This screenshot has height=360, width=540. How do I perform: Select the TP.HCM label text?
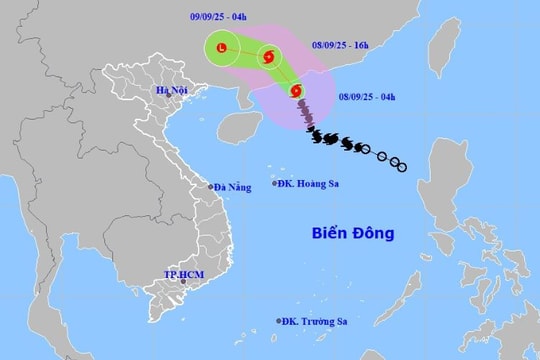click(183, 274)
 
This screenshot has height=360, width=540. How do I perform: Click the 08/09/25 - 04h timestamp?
click(367, 96)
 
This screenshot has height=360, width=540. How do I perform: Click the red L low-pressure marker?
click(222, 47)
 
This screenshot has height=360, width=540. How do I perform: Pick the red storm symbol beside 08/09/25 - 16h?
click(268, 56)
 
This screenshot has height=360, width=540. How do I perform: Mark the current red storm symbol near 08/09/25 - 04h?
click(297, 92)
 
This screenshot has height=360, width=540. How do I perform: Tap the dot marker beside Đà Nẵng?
click(210, 186)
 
